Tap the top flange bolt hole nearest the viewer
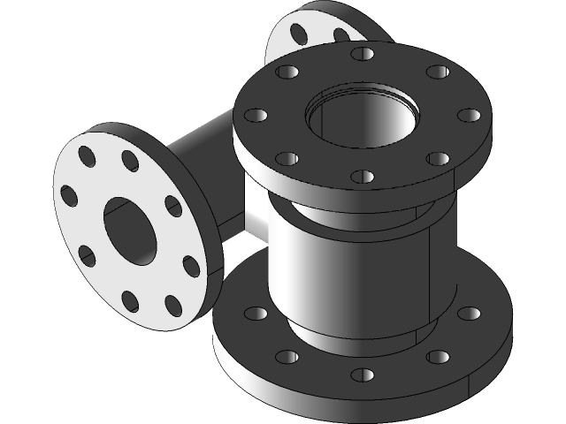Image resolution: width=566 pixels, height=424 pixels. tap(363, 176)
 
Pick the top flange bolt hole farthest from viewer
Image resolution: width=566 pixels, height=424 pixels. tap(362, 54)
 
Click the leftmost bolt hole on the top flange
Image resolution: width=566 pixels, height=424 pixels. tap(255, 115)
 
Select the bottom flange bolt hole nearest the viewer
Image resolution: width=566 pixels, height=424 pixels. tap(362, 375)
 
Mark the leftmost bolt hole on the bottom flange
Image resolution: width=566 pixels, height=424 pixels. tap(255, 314)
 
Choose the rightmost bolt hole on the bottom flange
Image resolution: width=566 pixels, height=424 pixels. tap(470, 313)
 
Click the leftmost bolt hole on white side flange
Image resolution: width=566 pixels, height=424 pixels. tap(69, 194)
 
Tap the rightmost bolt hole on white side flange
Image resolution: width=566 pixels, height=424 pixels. tap(192, 265)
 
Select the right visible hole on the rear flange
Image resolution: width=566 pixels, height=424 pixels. tap(341, 35)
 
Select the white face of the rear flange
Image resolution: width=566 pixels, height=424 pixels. tap(318, 31)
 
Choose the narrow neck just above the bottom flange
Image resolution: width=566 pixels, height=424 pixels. tap(354, 337)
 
